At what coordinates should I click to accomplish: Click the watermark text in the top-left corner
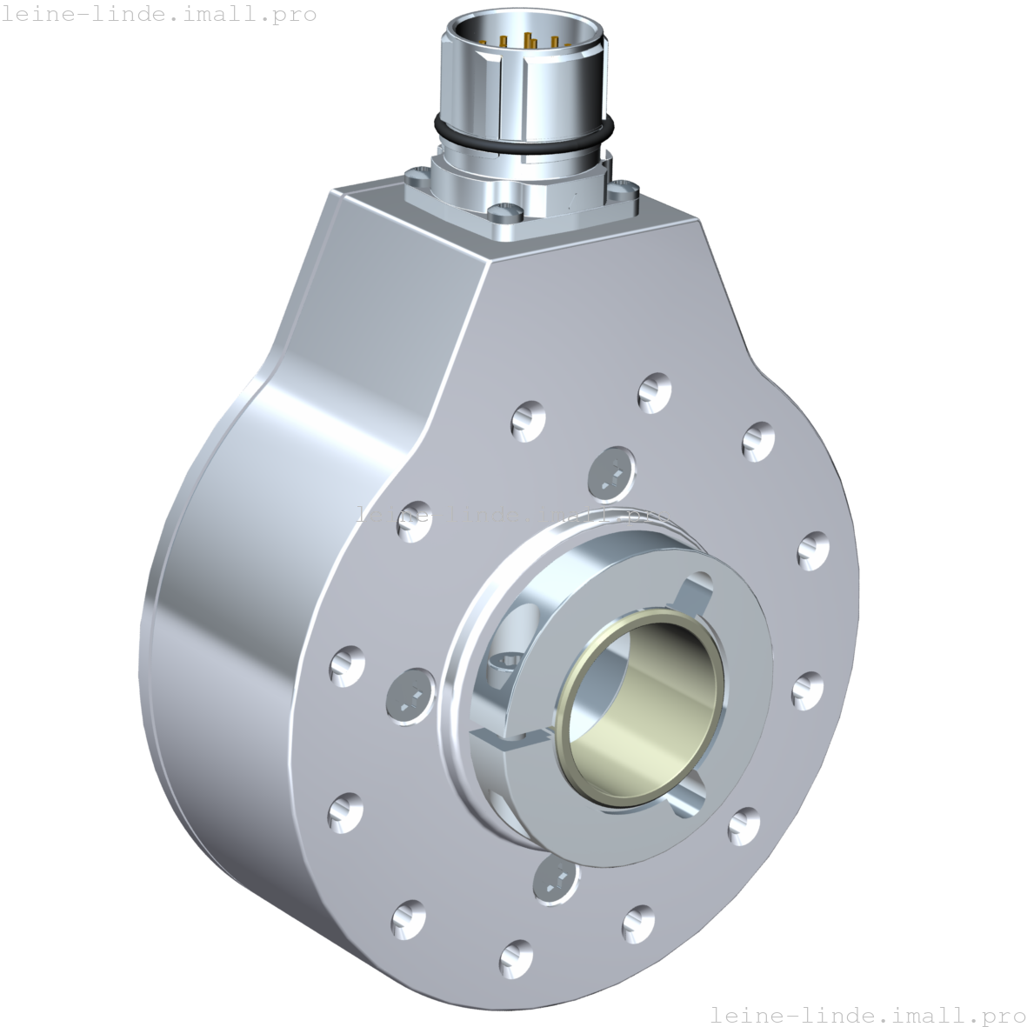point(158,15)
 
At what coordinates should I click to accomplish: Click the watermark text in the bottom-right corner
point(867,1014)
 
